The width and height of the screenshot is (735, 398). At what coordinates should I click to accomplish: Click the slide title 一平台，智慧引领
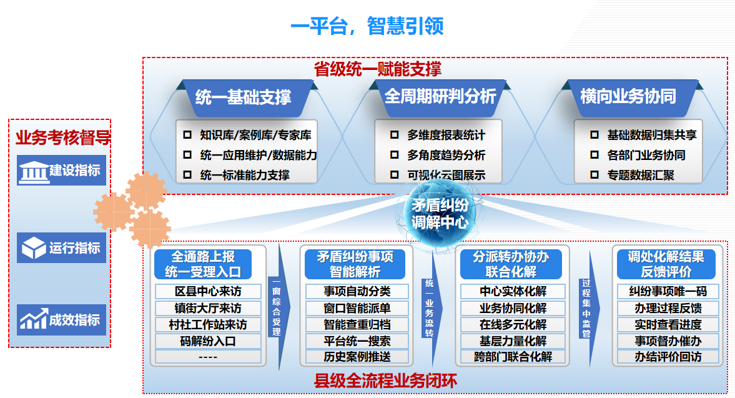[x=367, y=26]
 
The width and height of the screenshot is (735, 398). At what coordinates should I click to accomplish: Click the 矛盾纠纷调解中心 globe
[x=440, y=213]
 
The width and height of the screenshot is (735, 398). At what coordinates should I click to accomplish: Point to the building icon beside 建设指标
[x=33, y=172]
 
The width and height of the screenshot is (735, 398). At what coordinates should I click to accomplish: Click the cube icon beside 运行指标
[x=34, y=247]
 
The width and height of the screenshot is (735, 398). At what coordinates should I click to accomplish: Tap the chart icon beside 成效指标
[x=34, y=319]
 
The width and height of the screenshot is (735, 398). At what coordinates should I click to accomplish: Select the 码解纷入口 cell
[x=208, y=341]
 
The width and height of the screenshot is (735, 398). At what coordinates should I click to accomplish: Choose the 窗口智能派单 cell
[x=357, y=308]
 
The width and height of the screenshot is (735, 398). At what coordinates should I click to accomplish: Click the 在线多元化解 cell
[x=513, y=324]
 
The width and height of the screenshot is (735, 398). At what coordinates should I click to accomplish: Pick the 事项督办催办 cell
[x=668, y=341]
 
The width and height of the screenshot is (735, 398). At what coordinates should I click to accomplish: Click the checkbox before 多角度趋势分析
[x=394, y=155]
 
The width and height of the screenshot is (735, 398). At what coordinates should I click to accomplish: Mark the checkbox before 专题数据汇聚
[x=594, y=175]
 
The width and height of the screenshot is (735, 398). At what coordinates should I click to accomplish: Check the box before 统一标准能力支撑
[x=187, y=175]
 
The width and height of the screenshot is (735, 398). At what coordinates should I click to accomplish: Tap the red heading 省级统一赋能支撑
[x=377, y=69]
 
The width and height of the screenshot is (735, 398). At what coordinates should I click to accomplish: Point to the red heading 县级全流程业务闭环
[x=385, y=381]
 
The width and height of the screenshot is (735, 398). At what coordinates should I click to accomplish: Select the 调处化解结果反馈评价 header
[x=666, y=264]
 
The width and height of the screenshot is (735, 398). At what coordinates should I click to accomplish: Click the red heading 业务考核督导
[x=63, y=138]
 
